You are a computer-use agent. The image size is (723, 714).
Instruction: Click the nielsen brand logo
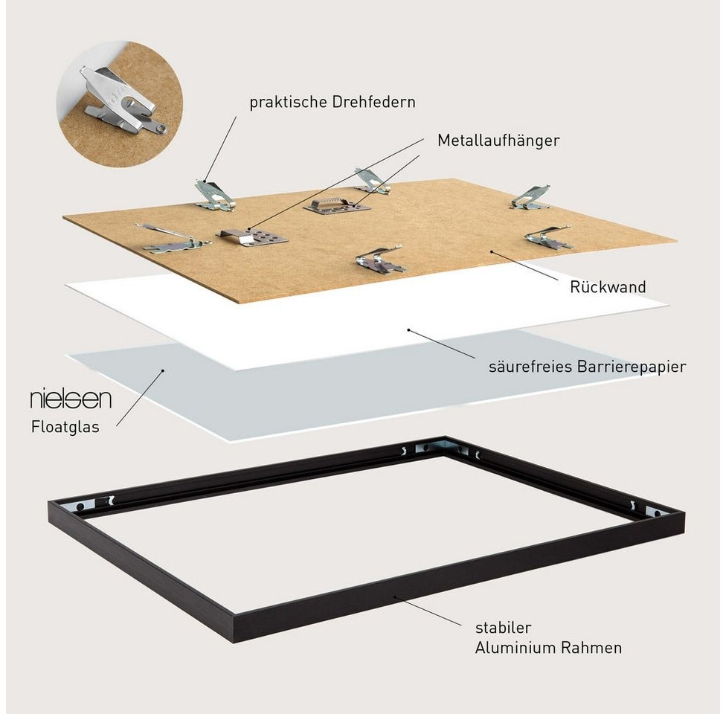(x=71, y=399)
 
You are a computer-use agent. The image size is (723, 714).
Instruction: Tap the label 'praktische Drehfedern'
(x=332, y=103)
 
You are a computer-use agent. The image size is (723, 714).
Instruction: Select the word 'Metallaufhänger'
(x=498, y=140)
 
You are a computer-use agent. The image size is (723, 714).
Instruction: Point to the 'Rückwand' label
(x=597, y=286)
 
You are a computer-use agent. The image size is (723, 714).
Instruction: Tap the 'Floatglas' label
(x=65, y=427)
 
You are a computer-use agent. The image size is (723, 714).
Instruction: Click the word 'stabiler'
(x=502, y=628)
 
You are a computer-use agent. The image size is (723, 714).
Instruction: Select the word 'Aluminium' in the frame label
(x=512, y=648)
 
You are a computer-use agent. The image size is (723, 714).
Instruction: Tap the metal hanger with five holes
(x=253, y=238)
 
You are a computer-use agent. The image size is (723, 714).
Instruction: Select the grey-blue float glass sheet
(x=223, y=379)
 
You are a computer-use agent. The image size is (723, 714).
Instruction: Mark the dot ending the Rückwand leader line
(x=492, y=252)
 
